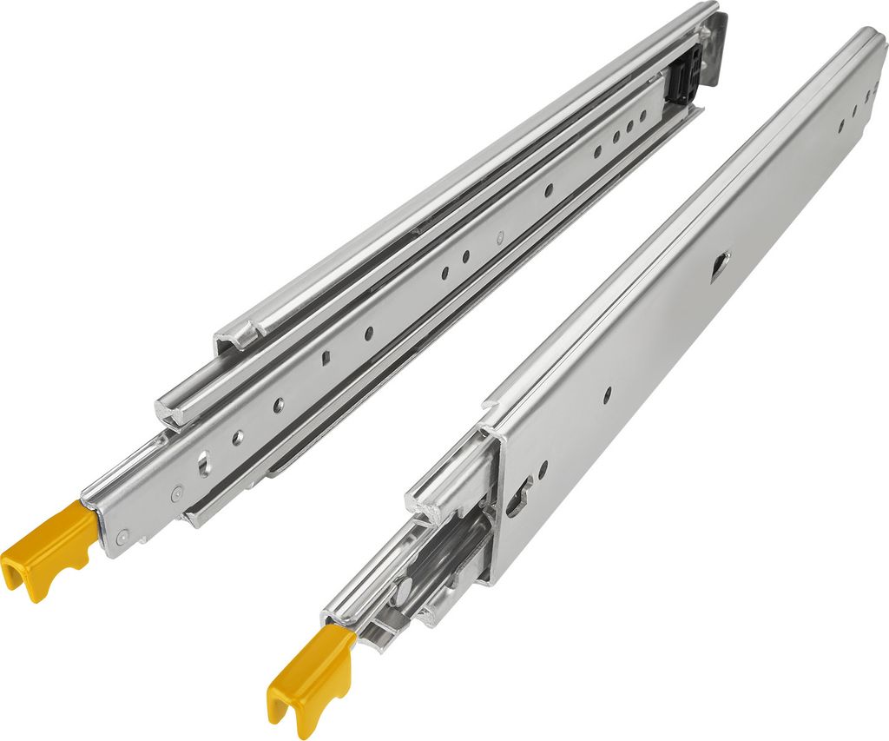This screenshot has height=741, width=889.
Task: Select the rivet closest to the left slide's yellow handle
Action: [x=122, y=536]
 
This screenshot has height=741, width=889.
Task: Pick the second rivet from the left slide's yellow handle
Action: [x=177, y=492]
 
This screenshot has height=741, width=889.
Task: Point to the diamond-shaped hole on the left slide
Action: [x=326, y=357]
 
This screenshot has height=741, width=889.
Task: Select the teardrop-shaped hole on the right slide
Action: [x=720, y=265]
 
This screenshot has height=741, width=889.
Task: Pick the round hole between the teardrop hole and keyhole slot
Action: [x=607, y=394]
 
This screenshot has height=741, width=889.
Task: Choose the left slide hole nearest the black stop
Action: [x=643, y=115]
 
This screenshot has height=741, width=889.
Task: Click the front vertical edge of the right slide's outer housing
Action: [x=494, y=504]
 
